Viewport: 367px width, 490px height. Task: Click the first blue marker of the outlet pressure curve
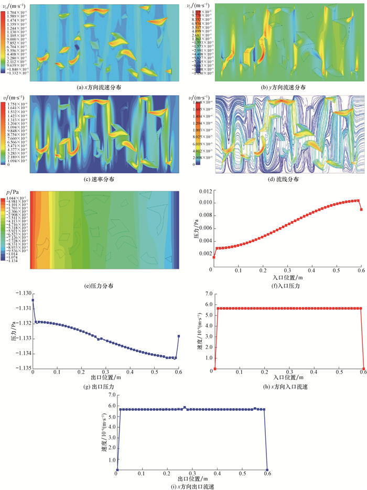pos(33,300)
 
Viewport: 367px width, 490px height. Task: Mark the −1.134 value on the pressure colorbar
pos(12,265)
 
